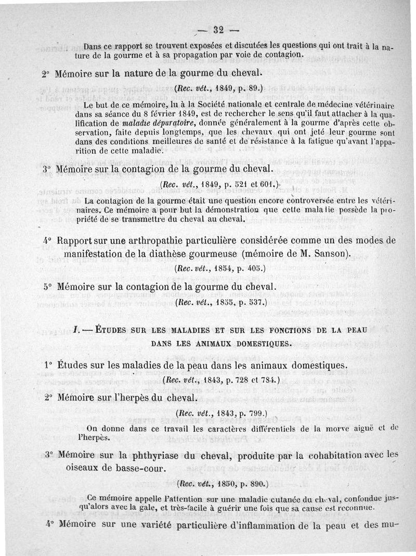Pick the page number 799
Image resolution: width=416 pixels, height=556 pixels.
point(250,413)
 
